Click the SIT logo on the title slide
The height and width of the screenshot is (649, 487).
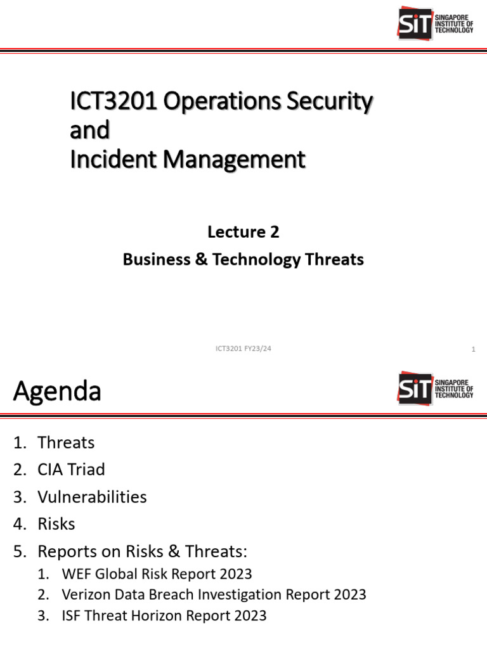tap(435, 23)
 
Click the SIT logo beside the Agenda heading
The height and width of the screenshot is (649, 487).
tap(435, 387)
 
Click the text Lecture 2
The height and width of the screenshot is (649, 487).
tap(243, 232)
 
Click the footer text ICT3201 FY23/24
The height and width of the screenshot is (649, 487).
tap(243, 349)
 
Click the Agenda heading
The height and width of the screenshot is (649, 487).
tap(57, 391)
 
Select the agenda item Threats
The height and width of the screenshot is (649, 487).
tap(66, 442)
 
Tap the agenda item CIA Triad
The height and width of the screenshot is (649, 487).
tap(71, 470)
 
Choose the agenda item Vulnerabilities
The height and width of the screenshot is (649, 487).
tap(92, 497)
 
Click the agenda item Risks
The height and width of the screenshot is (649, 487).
tap(56, 524)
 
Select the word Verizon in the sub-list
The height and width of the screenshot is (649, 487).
tap(86, 594)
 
